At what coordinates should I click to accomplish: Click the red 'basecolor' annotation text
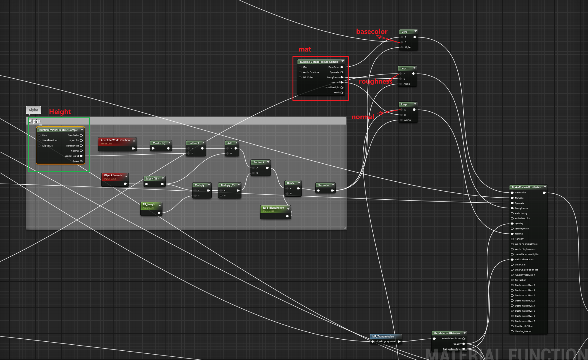(371, 32)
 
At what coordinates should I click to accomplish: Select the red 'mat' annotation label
(305, 49)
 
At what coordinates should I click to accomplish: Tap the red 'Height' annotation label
(60, 112)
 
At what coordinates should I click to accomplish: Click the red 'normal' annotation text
(363, 117)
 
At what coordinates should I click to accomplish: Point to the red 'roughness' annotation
(375, 81)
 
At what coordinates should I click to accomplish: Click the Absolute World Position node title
(115, 140)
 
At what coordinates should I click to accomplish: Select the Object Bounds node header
(113, 175)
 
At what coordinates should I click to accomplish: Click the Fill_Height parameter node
(149, 204)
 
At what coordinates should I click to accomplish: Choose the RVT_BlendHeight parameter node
(273, 208)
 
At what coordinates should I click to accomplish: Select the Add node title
(230, 143)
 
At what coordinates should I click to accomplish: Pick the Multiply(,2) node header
(228, 185)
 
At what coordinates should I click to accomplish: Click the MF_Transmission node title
(383, 337)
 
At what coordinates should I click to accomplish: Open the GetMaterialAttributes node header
(447, 333)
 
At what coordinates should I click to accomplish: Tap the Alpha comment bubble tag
(33, 110)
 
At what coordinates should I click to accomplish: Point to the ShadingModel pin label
(523, 331)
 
